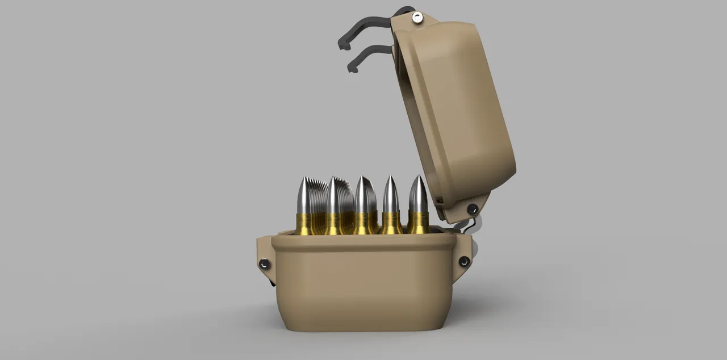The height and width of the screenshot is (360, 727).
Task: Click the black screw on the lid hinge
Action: [472, 209]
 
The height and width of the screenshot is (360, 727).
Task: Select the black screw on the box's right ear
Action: [463, 261]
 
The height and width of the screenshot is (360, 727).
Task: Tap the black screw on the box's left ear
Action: [264, 264]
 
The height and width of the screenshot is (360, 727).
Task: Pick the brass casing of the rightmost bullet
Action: [418, 223]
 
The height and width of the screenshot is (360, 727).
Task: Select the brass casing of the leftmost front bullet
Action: [304, 223]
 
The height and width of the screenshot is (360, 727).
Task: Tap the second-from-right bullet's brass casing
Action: [391, 223]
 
